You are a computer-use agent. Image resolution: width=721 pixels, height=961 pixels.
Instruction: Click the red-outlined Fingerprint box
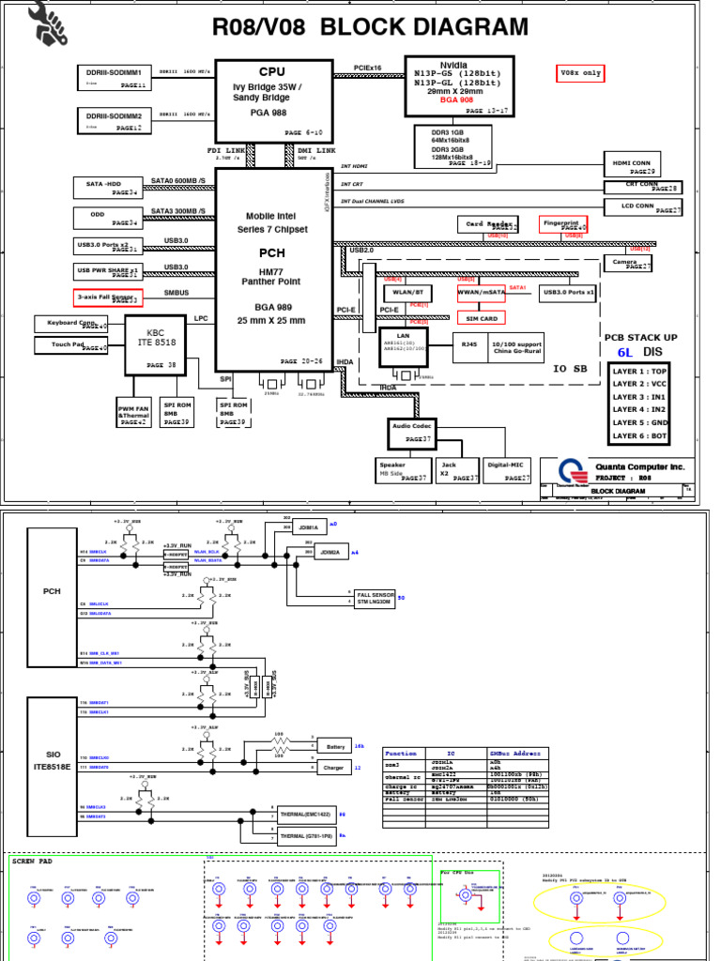[563, 224]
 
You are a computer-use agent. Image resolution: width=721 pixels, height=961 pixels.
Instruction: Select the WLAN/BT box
[402, 293]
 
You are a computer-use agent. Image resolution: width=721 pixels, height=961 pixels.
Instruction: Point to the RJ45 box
[466, 343]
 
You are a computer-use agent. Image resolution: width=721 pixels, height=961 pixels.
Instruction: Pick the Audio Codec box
[411, 432]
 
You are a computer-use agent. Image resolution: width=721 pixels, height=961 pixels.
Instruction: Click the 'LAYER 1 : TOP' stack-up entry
[641, 372]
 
